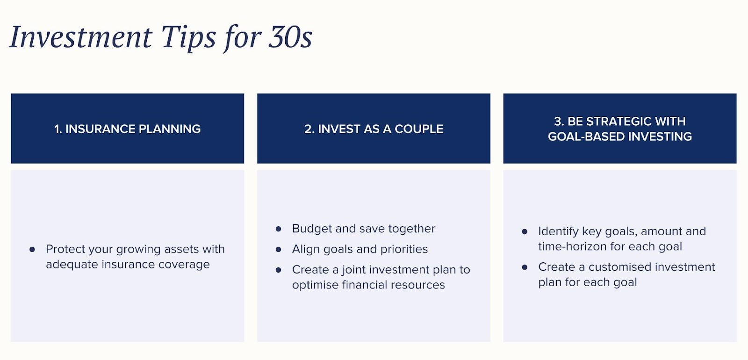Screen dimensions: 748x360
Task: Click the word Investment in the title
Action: pos(81,37)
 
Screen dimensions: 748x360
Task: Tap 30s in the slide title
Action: pos(290,37)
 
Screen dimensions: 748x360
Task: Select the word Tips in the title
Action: pos(188,39)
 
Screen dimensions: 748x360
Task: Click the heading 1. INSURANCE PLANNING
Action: pos(127,129)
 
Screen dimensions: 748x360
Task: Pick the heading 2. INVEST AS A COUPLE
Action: pos(374,129)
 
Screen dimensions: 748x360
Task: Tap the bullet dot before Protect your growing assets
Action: pos(32,249)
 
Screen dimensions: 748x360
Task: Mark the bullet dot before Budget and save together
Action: pos(279,229)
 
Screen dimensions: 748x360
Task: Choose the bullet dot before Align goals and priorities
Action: pos(279,249)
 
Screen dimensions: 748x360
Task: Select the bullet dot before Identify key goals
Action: pos(525,231)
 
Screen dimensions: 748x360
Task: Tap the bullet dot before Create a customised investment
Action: pos(525,267)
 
